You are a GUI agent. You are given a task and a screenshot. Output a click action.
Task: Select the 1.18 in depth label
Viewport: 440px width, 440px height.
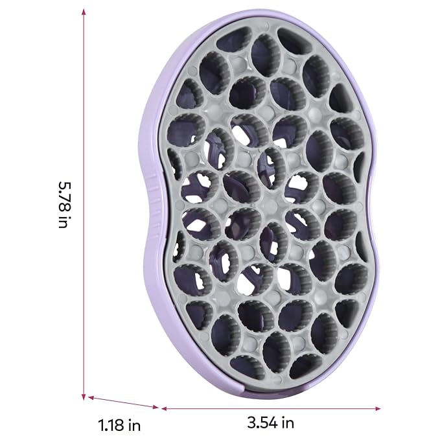[119, 425]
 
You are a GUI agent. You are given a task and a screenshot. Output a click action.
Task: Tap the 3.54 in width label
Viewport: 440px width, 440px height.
[271, 422]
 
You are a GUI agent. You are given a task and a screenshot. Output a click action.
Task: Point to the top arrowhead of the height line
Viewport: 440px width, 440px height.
[84, 12]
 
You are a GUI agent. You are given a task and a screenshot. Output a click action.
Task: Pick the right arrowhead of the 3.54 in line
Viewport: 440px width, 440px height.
[378, 408]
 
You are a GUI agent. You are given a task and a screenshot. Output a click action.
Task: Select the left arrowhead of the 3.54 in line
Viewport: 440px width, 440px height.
[165, 408]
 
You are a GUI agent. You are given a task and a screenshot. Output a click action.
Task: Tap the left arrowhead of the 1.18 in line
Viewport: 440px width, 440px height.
[91, 397]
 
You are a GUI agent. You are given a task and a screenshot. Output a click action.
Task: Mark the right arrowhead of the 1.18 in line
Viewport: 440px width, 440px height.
[156, 407]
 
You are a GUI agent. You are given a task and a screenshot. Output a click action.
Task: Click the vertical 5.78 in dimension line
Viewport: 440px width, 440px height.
[84, 204]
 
